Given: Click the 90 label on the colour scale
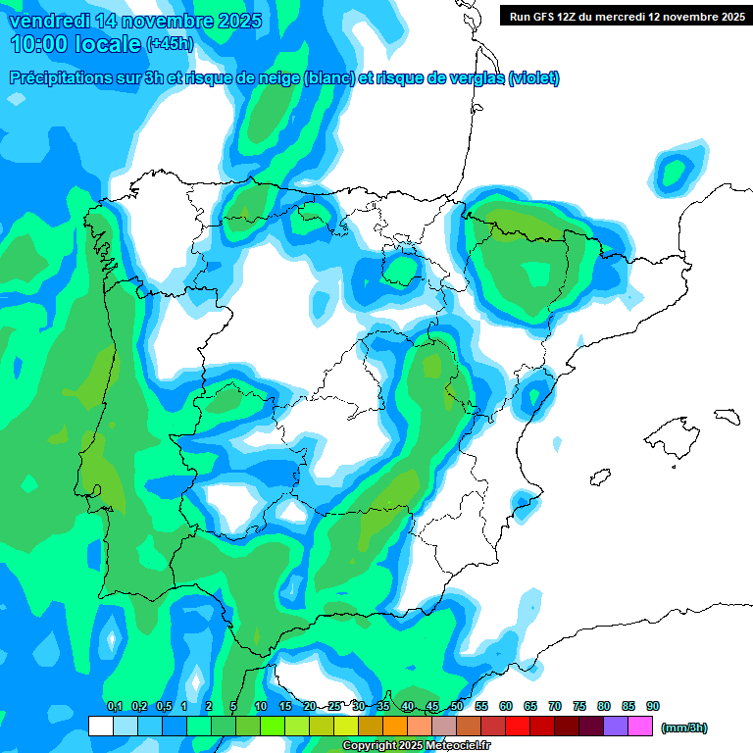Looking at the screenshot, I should [x=653, y=706].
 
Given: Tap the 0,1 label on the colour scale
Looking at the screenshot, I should [x=114, y=706].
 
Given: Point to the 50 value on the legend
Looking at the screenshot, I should [x=457, y=706].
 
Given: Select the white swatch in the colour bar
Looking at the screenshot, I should [x=100, y=726].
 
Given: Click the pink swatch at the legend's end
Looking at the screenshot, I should [x=641, y=726].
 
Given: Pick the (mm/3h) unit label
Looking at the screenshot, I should [x=684, y=728].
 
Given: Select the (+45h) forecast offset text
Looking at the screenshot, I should [x=170, y=44].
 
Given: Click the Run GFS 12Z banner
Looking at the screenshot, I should [x=626, y=16].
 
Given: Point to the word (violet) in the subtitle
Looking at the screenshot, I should [x=533, y=78].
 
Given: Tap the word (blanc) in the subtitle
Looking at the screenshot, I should [x=328, y=78].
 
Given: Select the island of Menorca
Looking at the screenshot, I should [x=727, y=416].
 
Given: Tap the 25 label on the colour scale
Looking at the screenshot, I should [x=334, y=706].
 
